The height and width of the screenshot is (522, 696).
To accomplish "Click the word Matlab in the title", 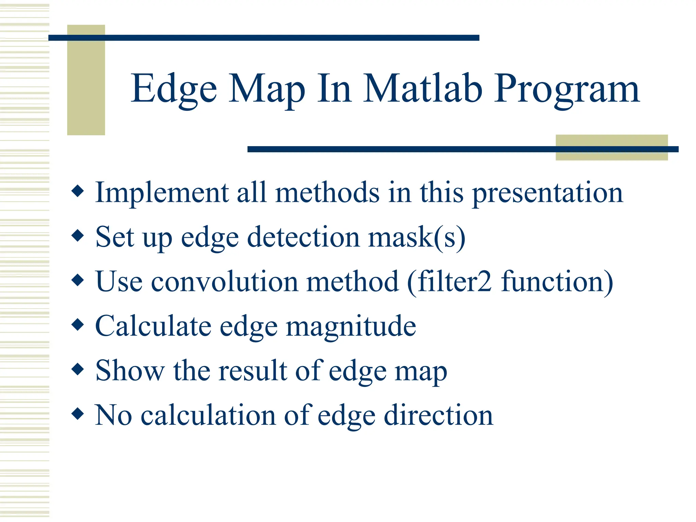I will (423, 89).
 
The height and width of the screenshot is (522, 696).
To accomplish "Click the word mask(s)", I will (417, 237).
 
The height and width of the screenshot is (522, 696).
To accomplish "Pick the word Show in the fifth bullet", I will (130, 370).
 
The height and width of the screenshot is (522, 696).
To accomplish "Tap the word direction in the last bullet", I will (438, 415).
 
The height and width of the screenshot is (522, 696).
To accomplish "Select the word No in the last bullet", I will (113, 415).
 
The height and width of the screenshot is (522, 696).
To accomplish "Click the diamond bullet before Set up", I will (78, 236).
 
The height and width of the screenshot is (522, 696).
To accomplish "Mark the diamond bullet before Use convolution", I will (78, 280).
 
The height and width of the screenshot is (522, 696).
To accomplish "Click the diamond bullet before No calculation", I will (78, 414).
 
